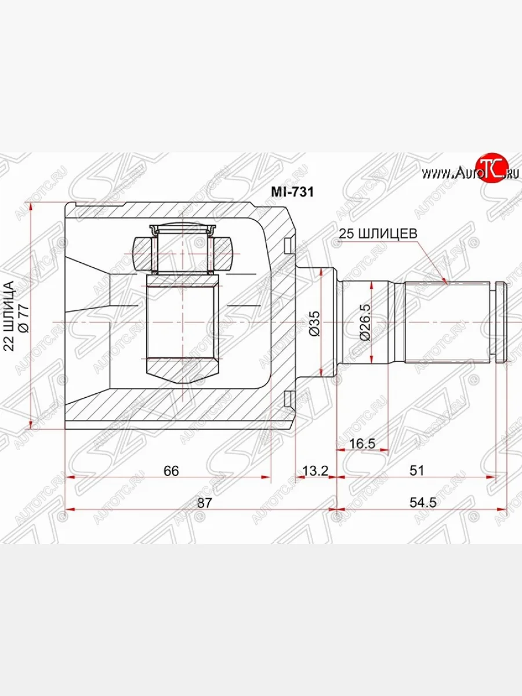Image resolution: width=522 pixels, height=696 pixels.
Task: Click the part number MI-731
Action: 292,192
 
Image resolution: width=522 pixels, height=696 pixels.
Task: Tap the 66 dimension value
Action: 171,470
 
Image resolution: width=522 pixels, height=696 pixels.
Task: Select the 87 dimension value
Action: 203,503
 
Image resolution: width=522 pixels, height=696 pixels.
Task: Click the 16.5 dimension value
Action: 362,444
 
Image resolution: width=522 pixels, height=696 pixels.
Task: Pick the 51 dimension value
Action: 416,470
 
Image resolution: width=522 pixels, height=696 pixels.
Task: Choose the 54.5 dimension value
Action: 423,503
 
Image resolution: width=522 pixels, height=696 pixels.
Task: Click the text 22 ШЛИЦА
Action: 9,316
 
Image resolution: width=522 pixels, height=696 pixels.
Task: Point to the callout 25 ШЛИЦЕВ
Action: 380,233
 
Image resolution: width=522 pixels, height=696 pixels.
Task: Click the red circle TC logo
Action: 492,169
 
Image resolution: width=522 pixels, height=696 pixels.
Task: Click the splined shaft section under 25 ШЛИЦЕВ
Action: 447,321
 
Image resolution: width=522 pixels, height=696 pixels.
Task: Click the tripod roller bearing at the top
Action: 182,246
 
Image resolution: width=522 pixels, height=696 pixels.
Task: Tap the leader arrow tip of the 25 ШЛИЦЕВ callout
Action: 447,282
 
